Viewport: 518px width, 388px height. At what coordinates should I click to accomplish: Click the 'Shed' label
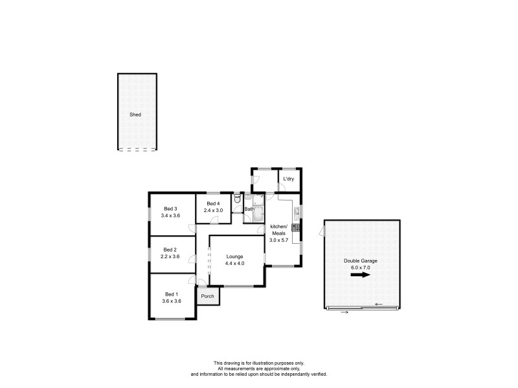coord(135,114)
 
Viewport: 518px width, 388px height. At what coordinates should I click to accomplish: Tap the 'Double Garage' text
coord(360,261)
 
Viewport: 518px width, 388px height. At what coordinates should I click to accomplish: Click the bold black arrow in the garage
coord(361,274)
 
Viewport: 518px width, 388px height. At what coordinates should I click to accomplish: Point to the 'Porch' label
coord(207,296)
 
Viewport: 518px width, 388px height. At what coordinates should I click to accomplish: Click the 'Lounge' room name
coord(235,257)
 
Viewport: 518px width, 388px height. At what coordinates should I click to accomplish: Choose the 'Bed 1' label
coord(170,294)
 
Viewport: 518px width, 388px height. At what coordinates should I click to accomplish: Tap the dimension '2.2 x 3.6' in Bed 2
coord(170,256)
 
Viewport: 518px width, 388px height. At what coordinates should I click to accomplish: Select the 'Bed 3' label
coord(170,208)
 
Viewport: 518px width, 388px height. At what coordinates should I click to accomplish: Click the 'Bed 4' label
coord(213,204)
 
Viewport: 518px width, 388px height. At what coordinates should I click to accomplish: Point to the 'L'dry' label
coord(288,178)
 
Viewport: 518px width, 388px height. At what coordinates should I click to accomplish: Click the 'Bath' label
coord(249,209)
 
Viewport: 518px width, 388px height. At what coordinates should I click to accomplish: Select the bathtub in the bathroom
coord(259,213)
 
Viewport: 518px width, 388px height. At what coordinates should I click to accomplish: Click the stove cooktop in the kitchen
coord(296,227)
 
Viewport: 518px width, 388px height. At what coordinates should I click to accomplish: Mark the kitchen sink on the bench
coord(297,211)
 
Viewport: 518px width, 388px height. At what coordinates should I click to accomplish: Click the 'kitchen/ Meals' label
coord(278,230)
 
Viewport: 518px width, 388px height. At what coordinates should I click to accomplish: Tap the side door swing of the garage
coord(321,231)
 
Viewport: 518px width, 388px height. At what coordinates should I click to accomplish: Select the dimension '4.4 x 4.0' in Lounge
coord(235,263)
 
